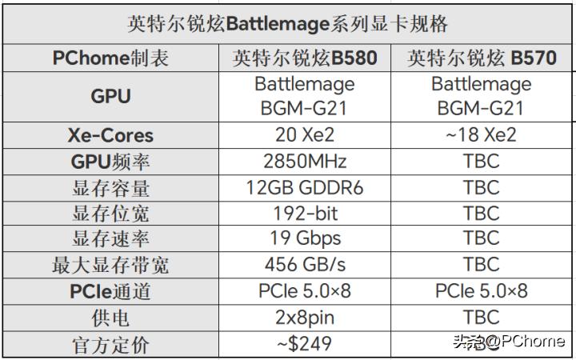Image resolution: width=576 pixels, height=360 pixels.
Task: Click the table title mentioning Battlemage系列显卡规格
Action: [x=288, y=23]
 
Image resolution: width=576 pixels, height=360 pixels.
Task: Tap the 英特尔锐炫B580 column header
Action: [x=305, y=58]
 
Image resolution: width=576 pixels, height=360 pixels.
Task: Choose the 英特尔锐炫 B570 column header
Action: [x=481, y=58]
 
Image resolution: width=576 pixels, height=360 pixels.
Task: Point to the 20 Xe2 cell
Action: [x=305, y=134]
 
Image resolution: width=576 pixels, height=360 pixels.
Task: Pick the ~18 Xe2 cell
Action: [x=481, y=134]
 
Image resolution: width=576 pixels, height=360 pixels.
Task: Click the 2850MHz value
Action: [x=305, y=161]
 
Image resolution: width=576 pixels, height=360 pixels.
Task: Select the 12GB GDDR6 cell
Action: [x=305, y=187]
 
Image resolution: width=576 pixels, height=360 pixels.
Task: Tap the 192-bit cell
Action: [x=305, y=214]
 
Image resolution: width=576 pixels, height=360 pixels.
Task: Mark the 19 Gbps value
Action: [x=305, y=239]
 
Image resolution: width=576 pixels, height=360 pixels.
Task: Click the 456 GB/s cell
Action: [x=305, y=265]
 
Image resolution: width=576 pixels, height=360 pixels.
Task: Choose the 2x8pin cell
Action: [x=305, y=318]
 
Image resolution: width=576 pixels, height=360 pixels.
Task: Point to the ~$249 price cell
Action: [x=305, y=344]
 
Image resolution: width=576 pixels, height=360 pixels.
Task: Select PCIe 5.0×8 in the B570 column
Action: [x=481, y=291]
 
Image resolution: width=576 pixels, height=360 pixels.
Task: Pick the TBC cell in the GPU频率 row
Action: [x=481, y=161]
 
